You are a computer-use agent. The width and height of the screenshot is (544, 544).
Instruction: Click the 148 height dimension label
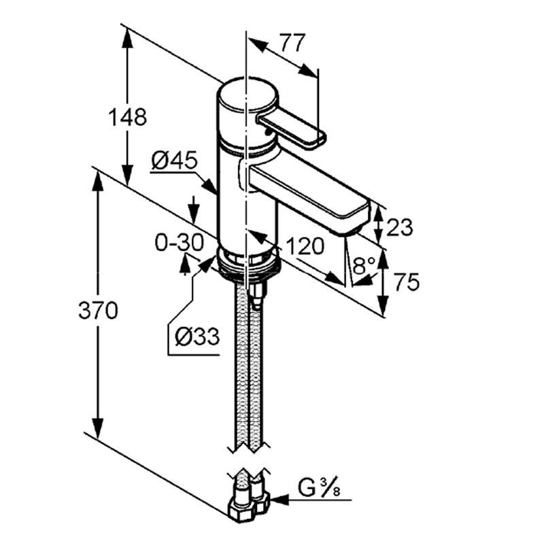[x=128, y=117]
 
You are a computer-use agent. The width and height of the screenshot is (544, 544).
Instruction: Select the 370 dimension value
[x=99, y=310]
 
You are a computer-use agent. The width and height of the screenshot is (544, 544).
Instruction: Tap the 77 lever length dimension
[x=292, y=42]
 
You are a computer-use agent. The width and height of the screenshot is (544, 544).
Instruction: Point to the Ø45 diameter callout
[x=175, y=160]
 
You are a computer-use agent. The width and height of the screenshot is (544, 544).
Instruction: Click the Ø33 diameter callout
[x=197, y=336]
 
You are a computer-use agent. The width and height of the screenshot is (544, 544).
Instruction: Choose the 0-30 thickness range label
[x=179, y=242]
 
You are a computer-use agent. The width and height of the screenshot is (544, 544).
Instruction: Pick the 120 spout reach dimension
[x=305, y=246]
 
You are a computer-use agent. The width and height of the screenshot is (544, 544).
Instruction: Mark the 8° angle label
[x=364, y=267]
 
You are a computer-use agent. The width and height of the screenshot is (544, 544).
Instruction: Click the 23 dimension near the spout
[x=400, y=228]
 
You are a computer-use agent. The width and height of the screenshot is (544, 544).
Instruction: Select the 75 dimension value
[x=407, y=282]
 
